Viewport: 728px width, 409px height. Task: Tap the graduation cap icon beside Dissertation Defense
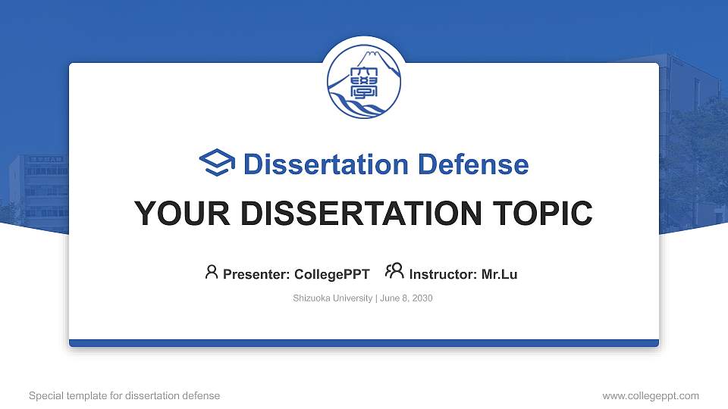click(218, 164)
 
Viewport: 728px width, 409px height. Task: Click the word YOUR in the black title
click(171, 214)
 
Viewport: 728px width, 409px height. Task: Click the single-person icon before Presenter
click(212, 273)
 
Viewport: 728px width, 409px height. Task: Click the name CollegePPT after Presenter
click(332, 274)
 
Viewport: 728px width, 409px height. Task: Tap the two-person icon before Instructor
click(394, 273)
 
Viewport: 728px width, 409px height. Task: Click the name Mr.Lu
click(500, 274)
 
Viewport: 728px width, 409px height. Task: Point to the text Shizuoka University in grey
click(332, 298)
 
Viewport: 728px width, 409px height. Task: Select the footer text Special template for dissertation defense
click(124, 395)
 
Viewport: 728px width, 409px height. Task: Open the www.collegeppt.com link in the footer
click(651, 395)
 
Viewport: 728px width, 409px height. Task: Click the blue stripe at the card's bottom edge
click(364, 343)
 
